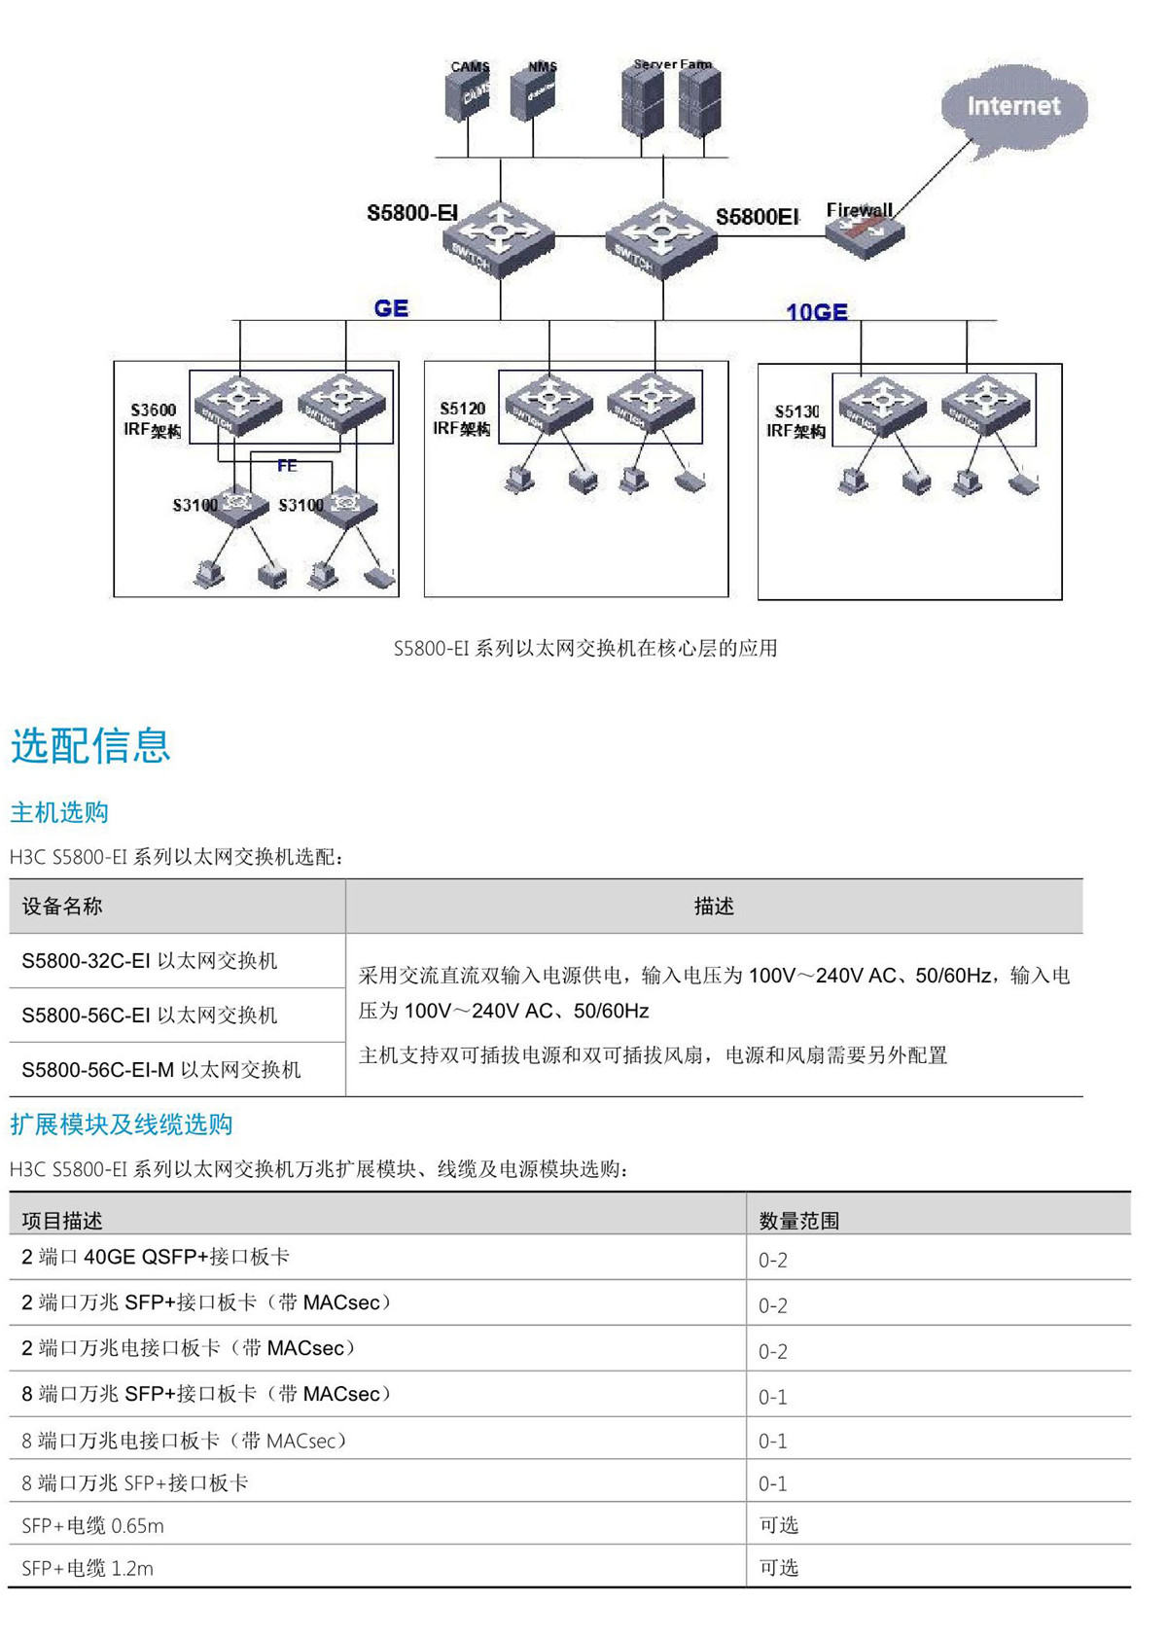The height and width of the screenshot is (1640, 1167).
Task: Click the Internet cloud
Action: (x=1013, y=107)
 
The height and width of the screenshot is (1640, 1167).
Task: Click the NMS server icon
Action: (x=534, y=94)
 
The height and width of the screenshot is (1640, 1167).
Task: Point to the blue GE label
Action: (x=391, y=308)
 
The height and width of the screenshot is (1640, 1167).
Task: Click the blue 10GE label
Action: (x=816, y=312)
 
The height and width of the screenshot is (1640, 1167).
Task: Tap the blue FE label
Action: (x=287, y=466)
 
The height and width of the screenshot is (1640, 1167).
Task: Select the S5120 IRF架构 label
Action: (x=462, y=418)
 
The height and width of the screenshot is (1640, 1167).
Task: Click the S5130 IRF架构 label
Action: (x=796, y=421)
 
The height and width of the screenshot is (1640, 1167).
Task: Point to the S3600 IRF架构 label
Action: (x=153, y=420)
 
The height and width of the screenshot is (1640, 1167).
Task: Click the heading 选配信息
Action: (x=90, y=746)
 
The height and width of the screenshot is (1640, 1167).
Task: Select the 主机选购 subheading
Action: (x=59, y=812)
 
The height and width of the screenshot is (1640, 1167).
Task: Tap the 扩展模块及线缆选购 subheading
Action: (x=122, y=1124)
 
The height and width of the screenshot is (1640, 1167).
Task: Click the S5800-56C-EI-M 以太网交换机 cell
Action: (x=161, y=1070)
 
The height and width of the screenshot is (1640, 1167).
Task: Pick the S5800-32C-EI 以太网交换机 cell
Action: (x=150, y=961)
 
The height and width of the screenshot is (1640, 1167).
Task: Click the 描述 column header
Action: (x=714, y=907)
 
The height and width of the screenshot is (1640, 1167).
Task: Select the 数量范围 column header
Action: (x=798, y=1221)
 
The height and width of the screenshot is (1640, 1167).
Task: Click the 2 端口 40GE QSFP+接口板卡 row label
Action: (x=156, y=1257)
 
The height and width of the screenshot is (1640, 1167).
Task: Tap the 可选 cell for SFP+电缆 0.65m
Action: (x=778, y=1525)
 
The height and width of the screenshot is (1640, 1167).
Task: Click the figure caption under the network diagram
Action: (x=584, y=649)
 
